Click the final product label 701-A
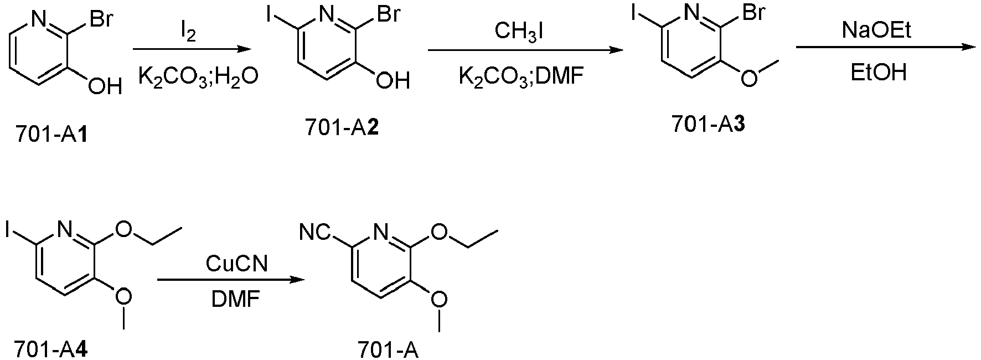point(388,349)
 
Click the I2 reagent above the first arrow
point(188,34)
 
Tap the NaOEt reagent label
point(876,30)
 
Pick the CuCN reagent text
point(236,264)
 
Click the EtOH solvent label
point(879,73)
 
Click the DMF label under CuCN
point(235,301)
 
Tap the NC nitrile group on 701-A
point(314,233)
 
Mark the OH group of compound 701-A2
point(393,81)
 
